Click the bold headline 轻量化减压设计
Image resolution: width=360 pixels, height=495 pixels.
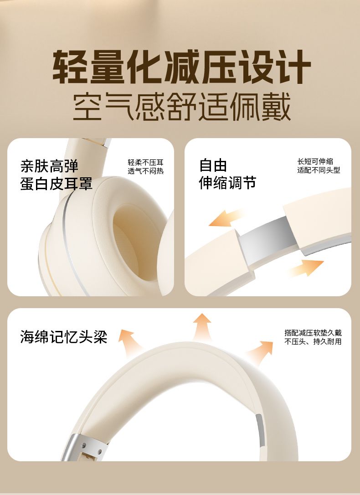click(181, 67)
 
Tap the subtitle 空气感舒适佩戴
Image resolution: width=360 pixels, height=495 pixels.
click(181, 107)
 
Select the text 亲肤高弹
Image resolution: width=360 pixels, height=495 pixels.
click(49, 166)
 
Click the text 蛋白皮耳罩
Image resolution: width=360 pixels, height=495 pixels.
click(56, 184)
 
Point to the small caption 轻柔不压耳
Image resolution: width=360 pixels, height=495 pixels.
click(146, 163)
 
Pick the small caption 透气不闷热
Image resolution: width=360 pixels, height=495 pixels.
click(146, 171)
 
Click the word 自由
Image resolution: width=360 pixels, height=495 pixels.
click(213, 165)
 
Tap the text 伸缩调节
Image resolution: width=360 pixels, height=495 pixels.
click(227, 183)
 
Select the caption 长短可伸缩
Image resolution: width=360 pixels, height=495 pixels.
click(315, 161)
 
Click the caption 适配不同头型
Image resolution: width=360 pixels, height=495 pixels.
click(319, 170)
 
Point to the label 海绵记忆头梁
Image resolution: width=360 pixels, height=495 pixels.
click(64, 336)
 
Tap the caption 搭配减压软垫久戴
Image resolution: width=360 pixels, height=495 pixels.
click(313, 333)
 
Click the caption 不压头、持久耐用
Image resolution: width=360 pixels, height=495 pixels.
click(313, 341)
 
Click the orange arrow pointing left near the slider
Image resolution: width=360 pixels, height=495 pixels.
click(226, 218)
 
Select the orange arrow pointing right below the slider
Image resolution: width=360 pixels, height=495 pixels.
click(306, 268)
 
